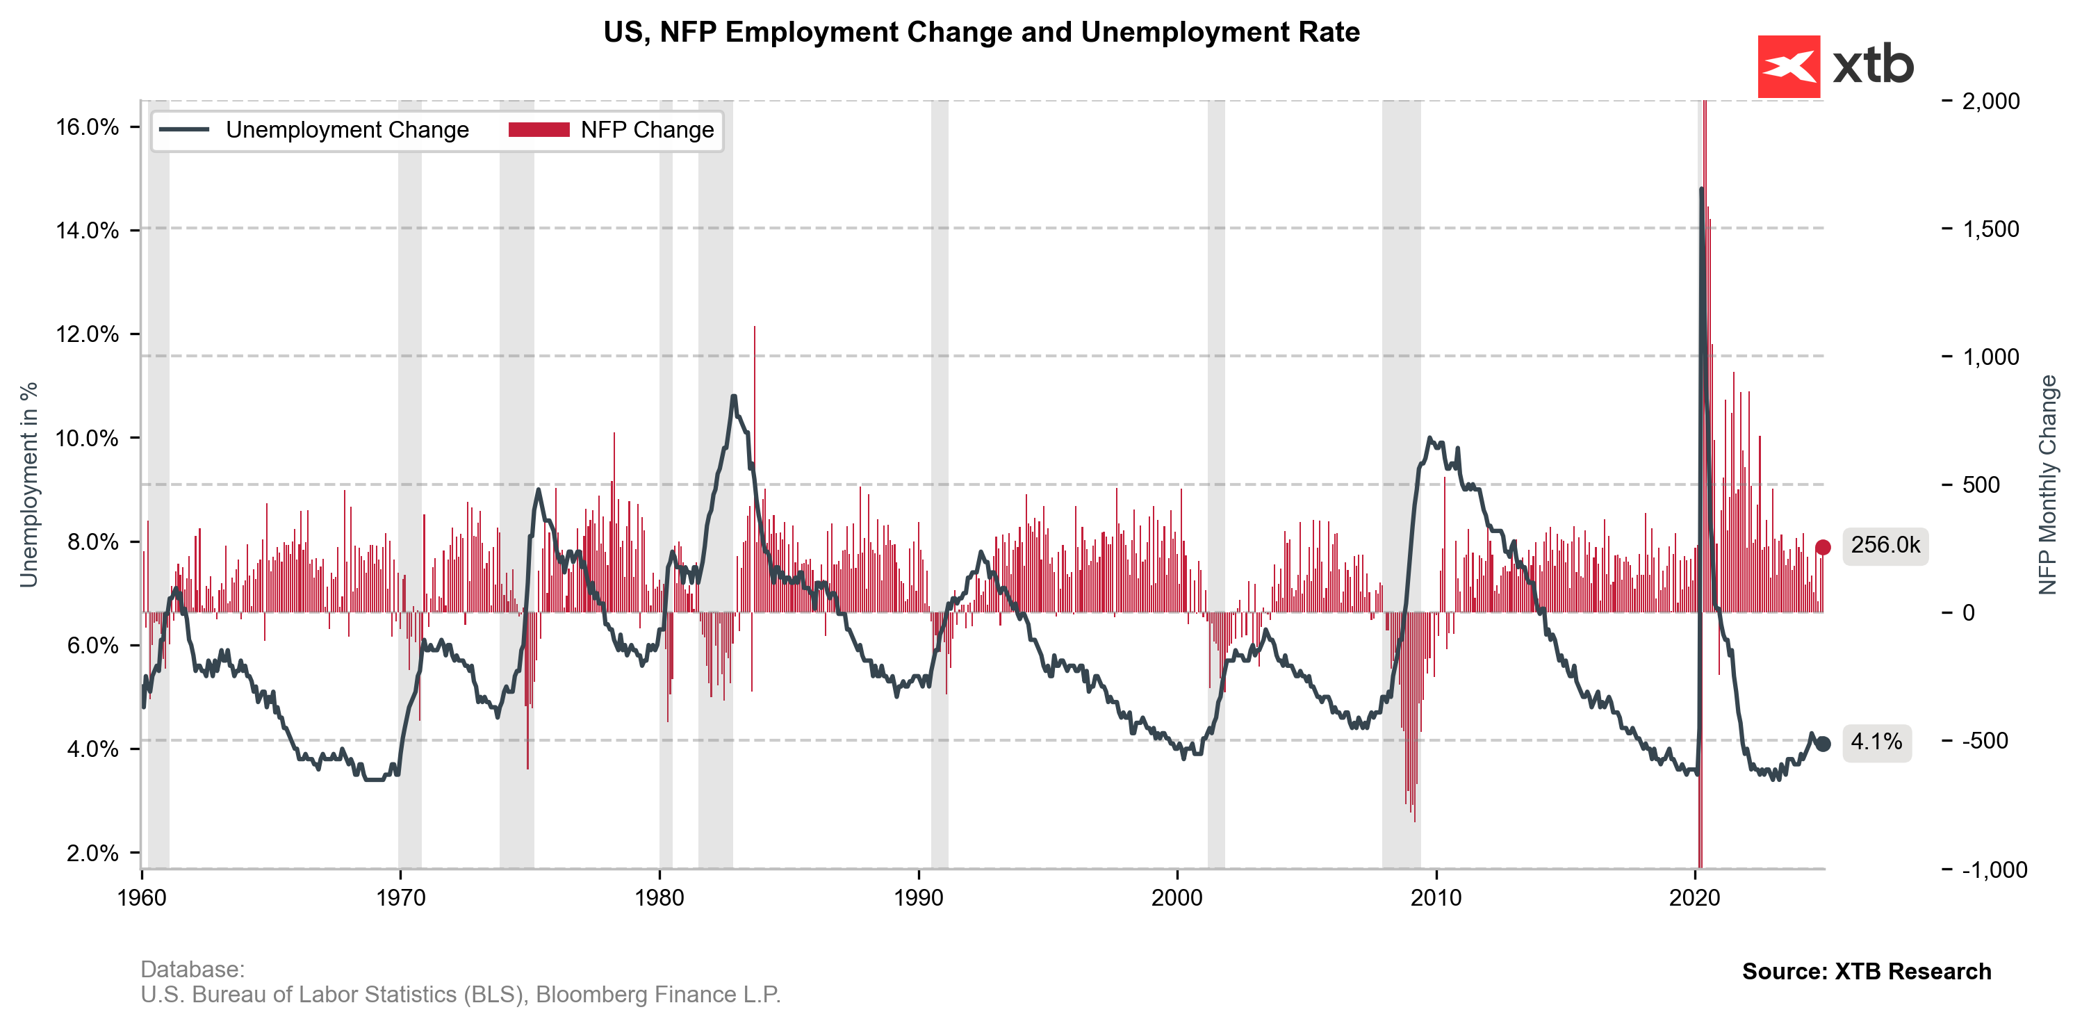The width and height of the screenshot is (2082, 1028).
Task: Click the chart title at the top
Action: point(981,33)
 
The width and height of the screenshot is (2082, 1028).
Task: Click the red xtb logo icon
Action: point(1789,66)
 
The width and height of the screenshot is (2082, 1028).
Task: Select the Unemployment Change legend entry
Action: point(347,130)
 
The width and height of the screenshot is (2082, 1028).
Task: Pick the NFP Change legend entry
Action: point(646,130)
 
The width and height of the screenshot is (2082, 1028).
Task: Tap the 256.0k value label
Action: point(1885,546)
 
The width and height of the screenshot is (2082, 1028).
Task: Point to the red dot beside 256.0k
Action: point(1823,548)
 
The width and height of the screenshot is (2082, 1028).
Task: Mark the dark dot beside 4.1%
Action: point(1823,744)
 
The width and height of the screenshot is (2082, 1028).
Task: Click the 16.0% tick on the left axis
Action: point(88,127)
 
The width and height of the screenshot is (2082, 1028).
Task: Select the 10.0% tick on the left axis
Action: point(88,438)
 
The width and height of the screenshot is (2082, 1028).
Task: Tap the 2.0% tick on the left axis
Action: point(92,854)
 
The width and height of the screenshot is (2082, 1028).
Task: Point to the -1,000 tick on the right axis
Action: point(1994,870)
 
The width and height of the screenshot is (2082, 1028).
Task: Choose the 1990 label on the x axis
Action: point(918,898)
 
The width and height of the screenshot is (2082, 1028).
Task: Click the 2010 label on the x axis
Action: point(1436,898)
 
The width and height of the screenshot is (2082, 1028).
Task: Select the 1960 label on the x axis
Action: point(142,898)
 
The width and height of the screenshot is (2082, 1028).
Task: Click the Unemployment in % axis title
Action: point(29,485)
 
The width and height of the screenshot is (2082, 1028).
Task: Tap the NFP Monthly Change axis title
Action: point(2047,485)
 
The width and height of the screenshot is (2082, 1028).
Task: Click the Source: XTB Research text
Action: point(1866,972)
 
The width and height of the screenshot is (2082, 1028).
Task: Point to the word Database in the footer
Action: point(192,969)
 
